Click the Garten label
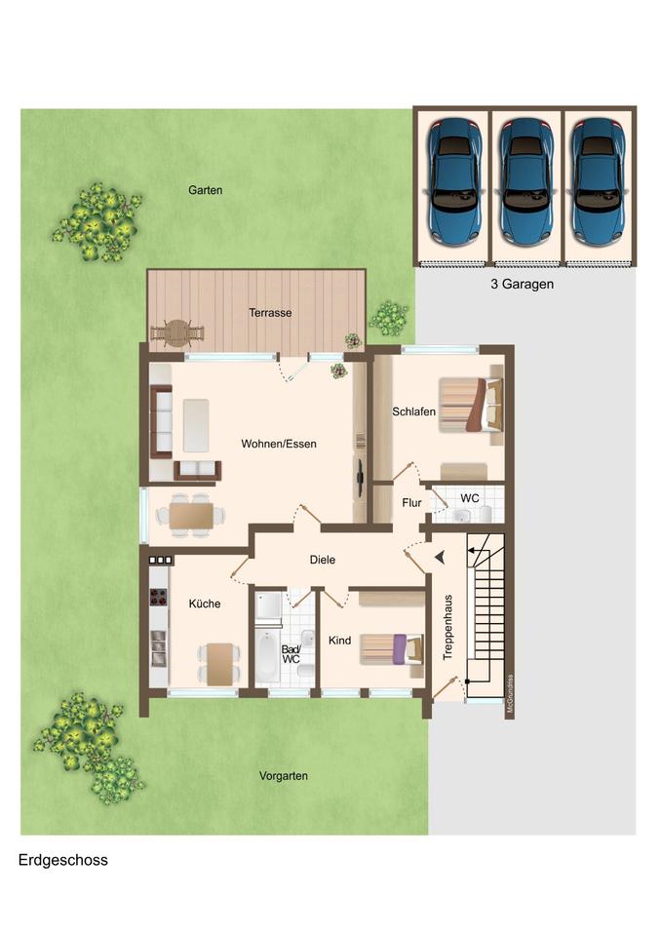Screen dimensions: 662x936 click(x=206, y=190)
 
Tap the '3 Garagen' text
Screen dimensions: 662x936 click(x=523, y=284)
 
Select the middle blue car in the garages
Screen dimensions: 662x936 click(x=526, y=180)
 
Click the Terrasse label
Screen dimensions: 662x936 click(x=270, y=312)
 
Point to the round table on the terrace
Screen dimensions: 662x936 click(x=176, y=333)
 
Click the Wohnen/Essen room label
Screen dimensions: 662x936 click(x=279, y=444)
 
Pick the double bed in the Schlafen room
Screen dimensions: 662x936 click(x=471, y=405)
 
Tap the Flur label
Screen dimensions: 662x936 click(x=411, y=503)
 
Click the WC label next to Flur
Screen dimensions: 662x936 click(x=469, y=498)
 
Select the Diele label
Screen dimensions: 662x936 click(x=323, y=560)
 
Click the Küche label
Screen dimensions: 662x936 click(x=205, y=604)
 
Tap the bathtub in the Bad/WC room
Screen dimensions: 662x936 click(x=267, y=656)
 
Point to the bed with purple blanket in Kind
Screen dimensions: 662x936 click(x=392, y=649)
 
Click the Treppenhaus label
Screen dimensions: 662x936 click(x=448, y=627)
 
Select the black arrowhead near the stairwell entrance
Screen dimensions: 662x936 click(x=440, y=557)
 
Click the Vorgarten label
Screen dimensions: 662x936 click(x=284, y=776)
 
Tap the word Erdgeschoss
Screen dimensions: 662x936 click(x=63, y=860)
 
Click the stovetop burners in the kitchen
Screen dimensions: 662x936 click(x=159, y=597)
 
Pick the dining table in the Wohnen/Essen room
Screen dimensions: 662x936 click(x=191, y=516)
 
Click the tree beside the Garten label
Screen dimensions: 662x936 click(x=97, y=222)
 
